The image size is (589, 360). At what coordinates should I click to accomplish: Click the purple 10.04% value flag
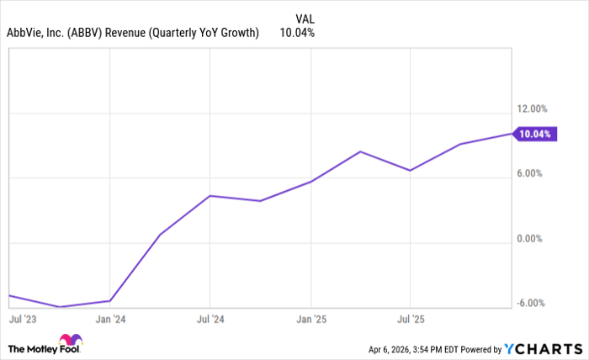pos(536,134)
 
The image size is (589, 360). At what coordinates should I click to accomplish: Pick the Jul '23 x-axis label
pos(24,320)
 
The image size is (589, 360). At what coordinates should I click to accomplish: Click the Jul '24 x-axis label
pos(211,320)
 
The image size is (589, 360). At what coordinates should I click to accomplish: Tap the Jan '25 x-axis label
pos(311,320)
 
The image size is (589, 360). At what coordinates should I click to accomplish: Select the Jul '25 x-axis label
pos(410,320)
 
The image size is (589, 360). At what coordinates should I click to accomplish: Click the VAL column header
pos(305,18)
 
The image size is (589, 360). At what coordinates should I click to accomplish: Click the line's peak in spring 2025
pos(360,151)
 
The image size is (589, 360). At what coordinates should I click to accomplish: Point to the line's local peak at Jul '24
pos(210,195)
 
